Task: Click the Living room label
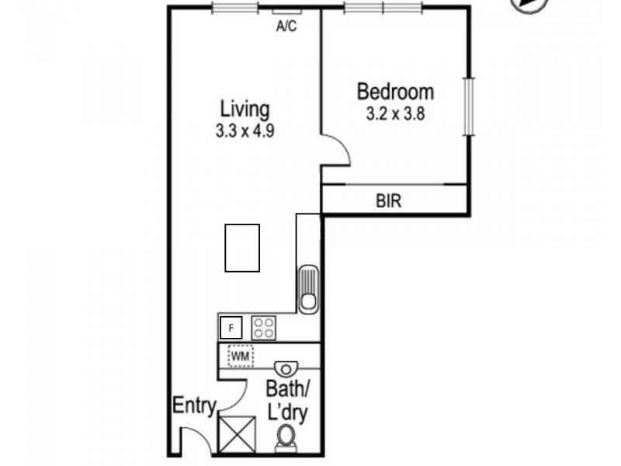[245, 108]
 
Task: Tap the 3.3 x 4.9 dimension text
[245, 130]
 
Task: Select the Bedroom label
[395, 92]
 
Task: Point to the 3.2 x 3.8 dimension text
[395, 114]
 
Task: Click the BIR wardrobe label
[388, 202]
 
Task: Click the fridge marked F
[231, 328]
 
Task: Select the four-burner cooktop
[263, 327]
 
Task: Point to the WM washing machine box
[241, 356]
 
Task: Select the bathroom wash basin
[286, 367]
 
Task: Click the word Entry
[193, 405]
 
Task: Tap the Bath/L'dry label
[286, 400]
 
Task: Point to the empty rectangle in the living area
[242, 247]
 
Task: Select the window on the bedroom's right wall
[468, 106]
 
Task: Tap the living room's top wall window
[234, 9]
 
